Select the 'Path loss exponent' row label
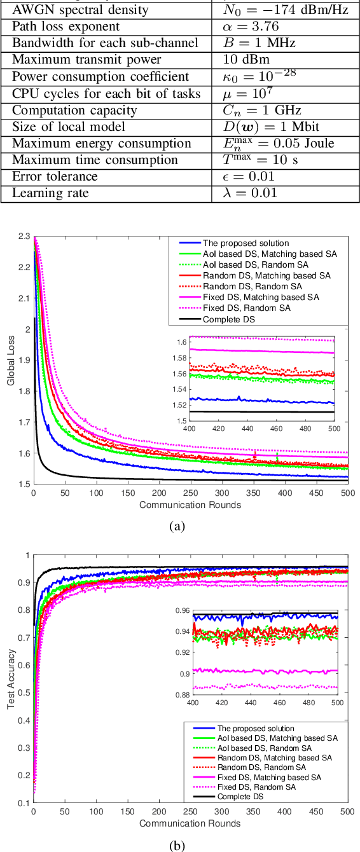pyautogui.click(x=66, y=27)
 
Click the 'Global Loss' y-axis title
pyautogui.click(x=11, y=359)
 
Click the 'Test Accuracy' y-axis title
pyautogui.click(x=11, y=678)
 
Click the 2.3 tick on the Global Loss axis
pyautogui.click(x=23, y=236)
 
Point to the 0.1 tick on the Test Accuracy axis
pyautogui.click(x=23, y=803)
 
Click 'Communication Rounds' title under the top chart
pyautogui.click(x=190, y=505)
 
